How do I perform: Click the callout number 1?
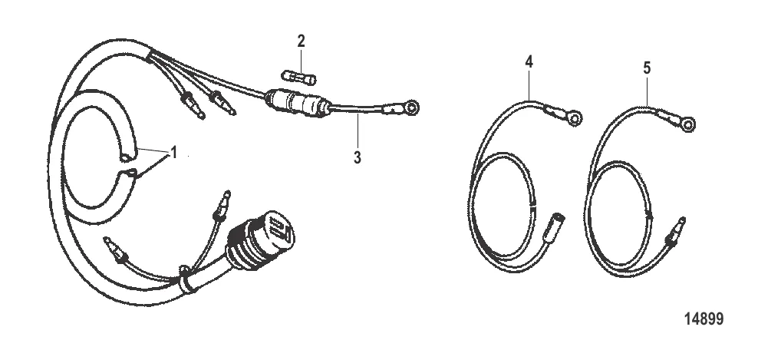click(x=173, y=154)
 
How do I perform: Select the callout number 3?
click(x=357, y=157)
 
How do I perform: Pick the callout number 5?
click(x=646, y=68)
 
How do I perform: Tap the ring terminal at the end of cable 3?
click(x=411, y=107)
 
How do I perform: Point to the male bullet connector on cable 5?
click(x=677, y=228)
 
